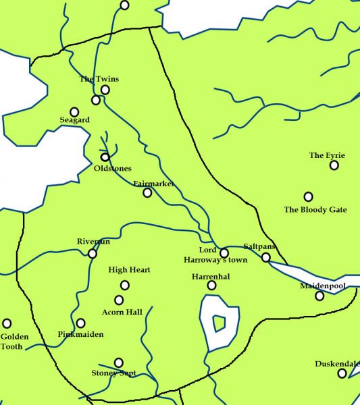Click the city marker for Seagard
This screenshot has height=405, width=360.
click(x=74, y=111)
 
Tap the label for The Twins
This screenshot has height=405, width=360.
click(x=99, y=79)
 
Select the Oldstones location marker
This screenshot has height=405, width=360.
click(x=105, y=157)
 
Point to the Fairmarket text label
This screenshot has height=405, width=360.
click(x=153, y=184)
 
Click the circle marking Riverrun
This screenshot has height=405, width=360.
click(x=93, y=254)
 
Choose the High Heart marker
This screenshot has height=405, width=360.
click(x=124, y=285)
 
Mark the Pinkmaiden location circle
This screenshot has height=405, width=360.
click(x=81, y=323)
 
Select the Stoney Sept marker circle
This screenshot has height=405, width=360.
click(x=119, y=362)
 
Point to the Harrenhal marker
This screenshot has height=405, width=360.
click(x=211, y=286)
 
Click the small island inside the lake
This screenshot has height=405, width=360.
click(x=219, y=325)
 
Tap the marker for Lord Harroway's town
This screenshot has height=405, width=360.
click(x=224, y=253)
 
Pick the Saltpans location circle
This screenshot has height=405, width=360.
click(x=266, y=257)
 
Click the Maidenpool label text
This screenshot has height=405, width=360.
click(x=322, y=286)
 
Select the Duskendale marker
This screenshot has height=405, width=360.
click(x=342, y=373)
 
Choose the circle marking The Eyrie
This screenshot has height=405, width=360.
click(x=334, y=165)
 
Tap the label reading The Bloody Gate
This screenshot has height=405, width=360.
click(x=315, y=210)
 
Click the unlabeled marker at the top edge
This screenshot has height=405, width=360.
click(x=124, y=5)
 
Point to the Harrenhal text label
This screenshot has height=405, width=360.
click(x=211, y=277)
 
